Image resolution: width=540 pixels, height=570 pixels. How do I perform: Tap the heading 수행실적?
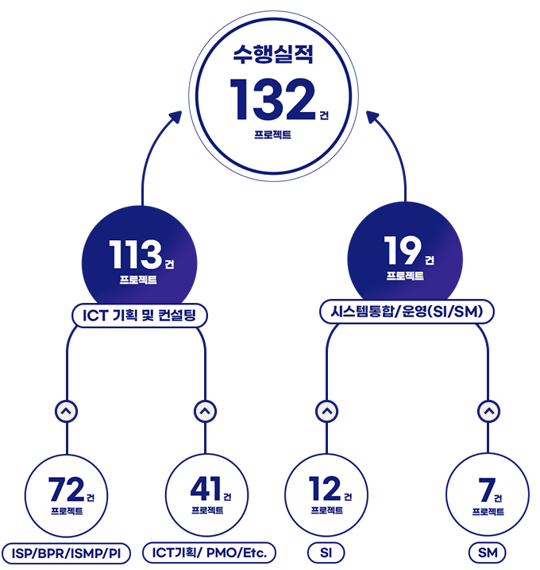pyautogui.click(x=274, y=54)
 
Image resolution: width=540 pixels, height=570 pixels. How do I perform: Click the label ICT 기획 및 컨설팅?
pyautogui.click(x=140, y=316)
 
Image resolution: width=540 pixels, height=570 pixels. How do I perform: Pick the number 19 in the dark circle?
pyautogui.click(x=402, y=251)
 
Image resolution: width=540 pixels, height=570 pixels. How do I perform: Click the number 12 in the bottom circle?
pyautogui.click(x=323, y=487)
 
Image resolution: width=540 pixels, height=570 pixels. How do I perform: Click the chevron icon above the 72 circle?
pyautogui.click(x=67, y=411)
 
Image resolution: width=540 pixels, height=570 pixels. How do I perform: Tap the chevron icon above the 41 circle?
pyautogui.click(x=205, y=411)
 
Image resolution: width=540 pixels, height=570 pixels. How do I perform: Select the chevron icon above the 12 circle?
pyautogui.click(x=326, y=412)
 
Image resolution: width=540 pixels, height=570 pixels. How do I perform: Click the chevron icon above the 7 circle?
pyautogui.click(x=488, y=412)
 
